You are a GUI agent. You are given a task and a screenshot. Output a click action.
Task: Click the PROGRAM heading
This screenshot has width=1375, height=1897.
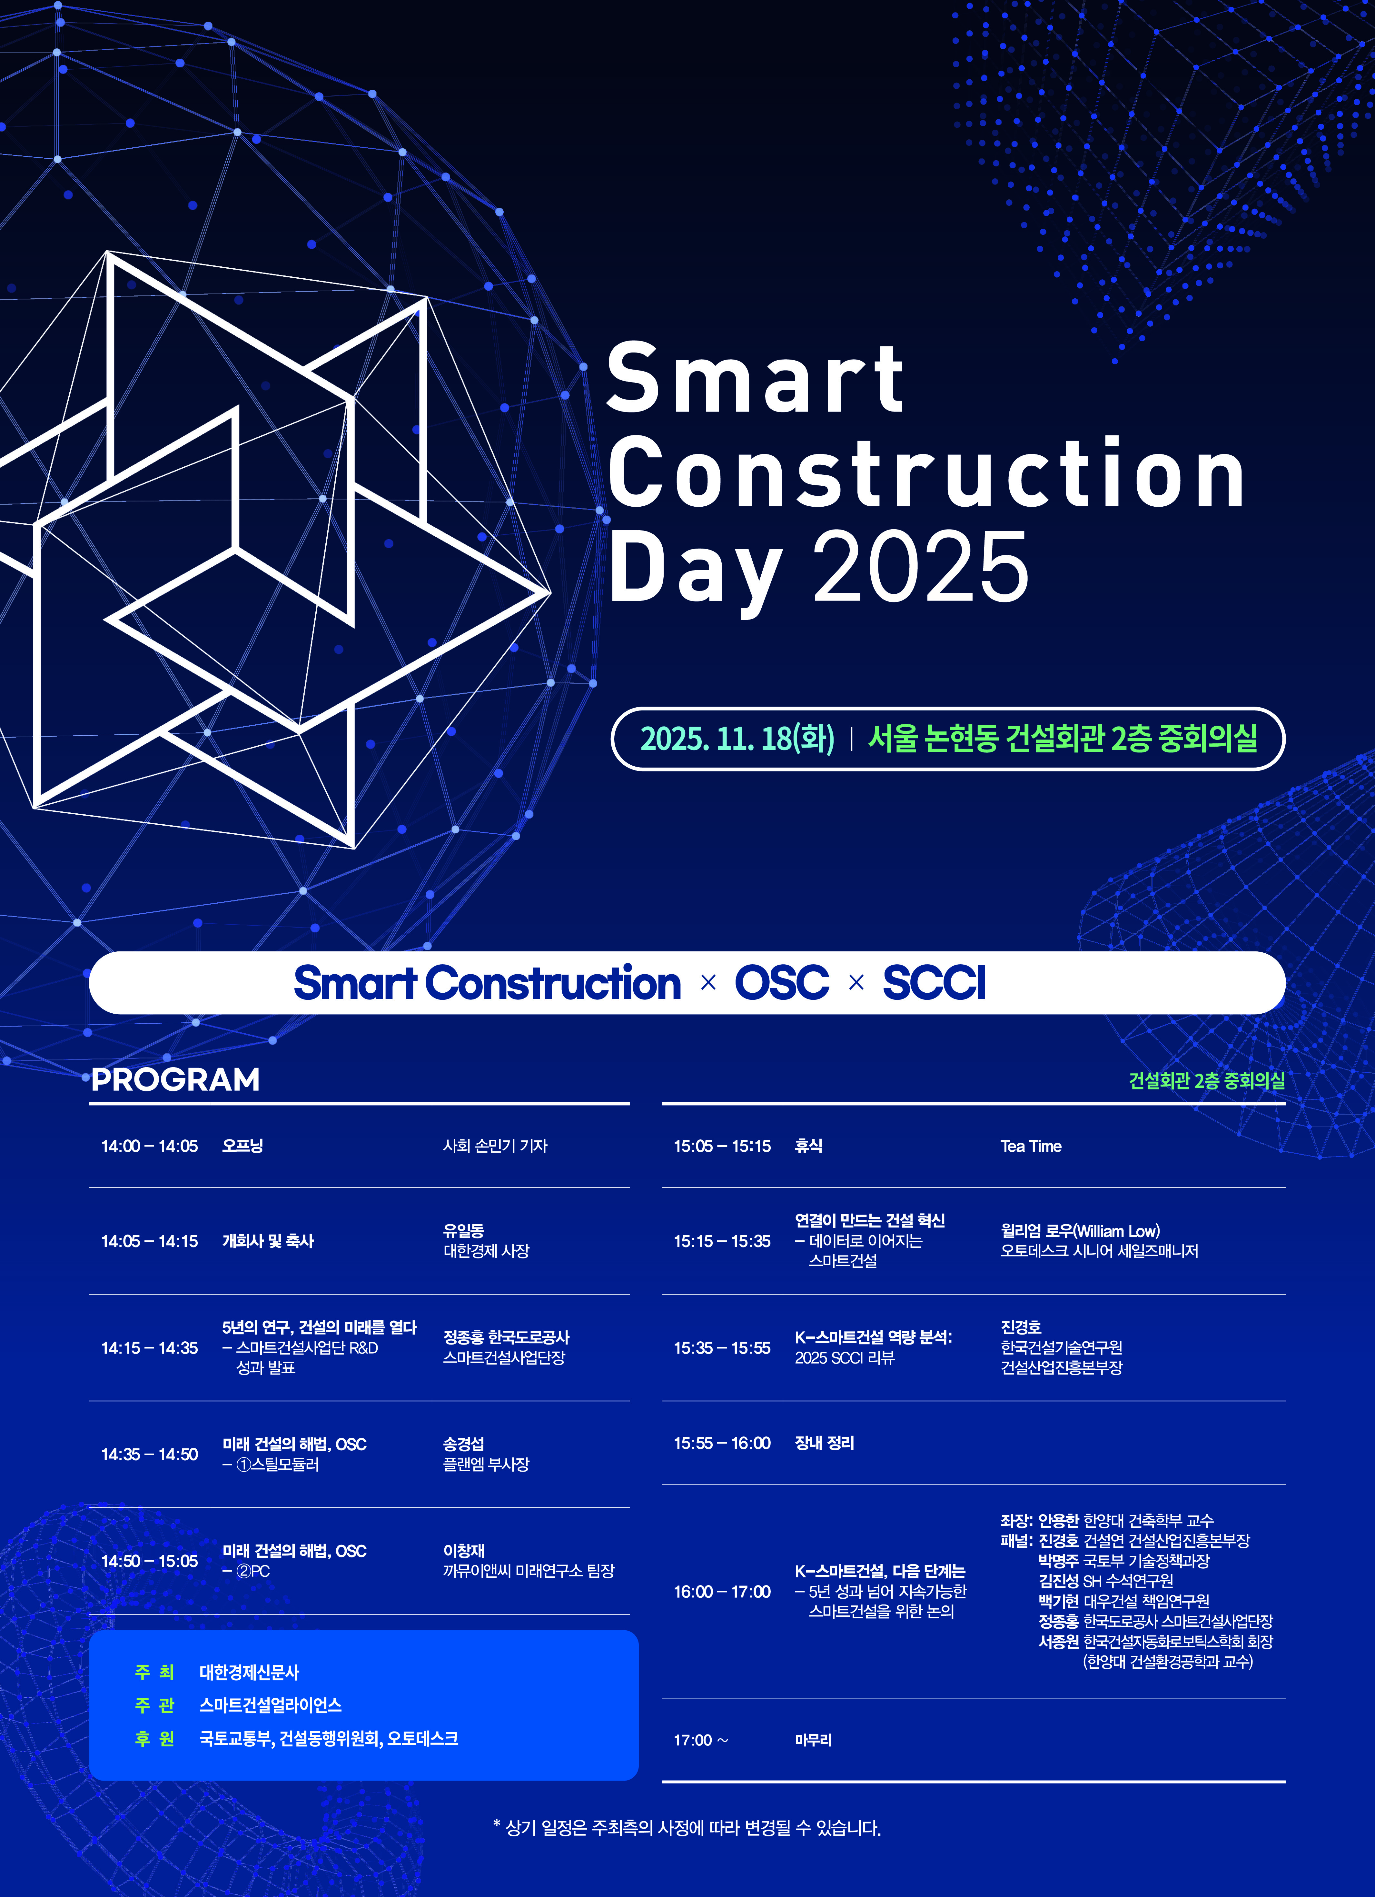tap(176, 1079)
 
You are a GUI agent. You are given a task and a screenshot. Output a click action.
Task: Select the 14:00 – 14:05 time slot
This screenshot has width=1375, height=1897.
tap(150, 1146)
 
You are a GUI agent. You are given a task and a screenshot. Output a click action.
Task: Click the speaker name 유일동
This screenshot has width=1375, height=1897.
tap(463, 1230)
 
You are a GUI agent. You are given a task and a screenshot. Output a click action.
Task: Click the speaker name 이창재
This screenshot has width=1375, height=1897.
tap(463, 1551)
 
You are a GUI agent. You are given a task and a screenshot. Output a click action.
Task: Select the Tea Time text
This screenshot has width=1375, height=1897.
tap(1030, 1146)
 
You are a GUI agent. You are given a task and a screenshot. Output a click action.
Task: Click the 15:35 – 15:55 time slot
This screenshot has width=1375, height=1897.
tap(723, 1347)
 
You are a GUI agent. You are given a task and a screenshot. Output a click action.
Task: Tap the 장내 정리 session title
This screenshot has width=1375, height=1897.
tap(825, 1443)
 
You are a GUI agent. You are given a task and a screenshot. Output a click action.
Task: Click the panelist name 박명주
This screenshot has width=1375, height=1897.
tap(1059, 1561)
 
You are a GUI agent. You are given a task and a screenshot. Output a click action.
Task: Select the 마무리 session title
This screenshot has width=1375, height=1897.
tap(813, 1740)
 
